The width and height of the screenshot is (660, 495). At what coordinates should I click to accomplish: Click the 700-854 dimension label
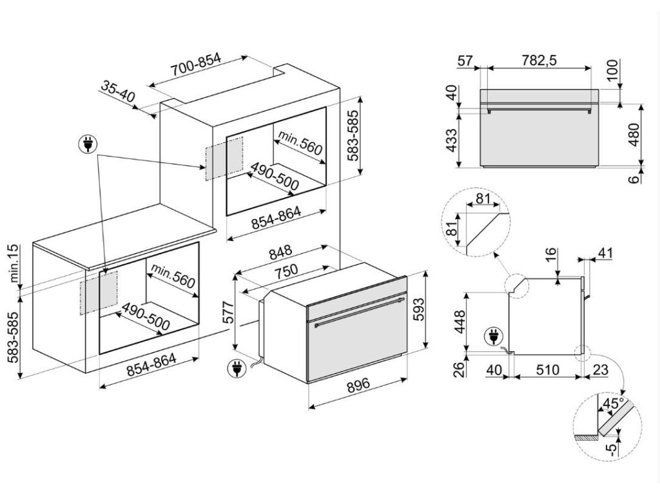[196, 64]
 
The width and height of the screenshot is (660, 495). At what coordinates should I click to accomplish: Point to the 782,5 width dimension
[539, 60]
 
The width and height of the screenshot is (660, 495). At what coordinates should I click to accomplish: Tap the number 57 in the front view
[465, 61]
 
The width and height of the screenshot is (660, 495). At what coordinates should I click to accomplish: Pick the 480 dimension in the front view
[633, 135]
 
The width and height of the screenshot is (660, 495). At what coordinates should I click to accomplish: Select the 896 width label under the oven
[358, 385]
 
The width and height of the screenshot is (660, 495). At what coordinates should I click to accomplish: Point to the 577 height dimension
[228, 312]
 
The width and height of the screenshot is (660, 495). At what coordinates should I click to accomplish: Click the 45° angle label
[612, 403]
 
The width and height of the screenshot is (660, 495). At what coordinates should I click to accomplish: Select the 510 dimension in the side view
[548, 369]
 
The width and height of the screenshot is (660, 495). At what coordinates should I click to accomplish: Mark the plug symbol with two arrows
[88, 144]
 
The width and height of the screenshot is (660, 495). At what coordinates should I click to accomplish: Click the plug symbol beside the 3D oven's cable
[236, 368]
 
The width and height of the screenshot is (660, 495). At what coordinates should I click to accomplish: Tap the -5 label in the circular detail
[611, 447]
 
